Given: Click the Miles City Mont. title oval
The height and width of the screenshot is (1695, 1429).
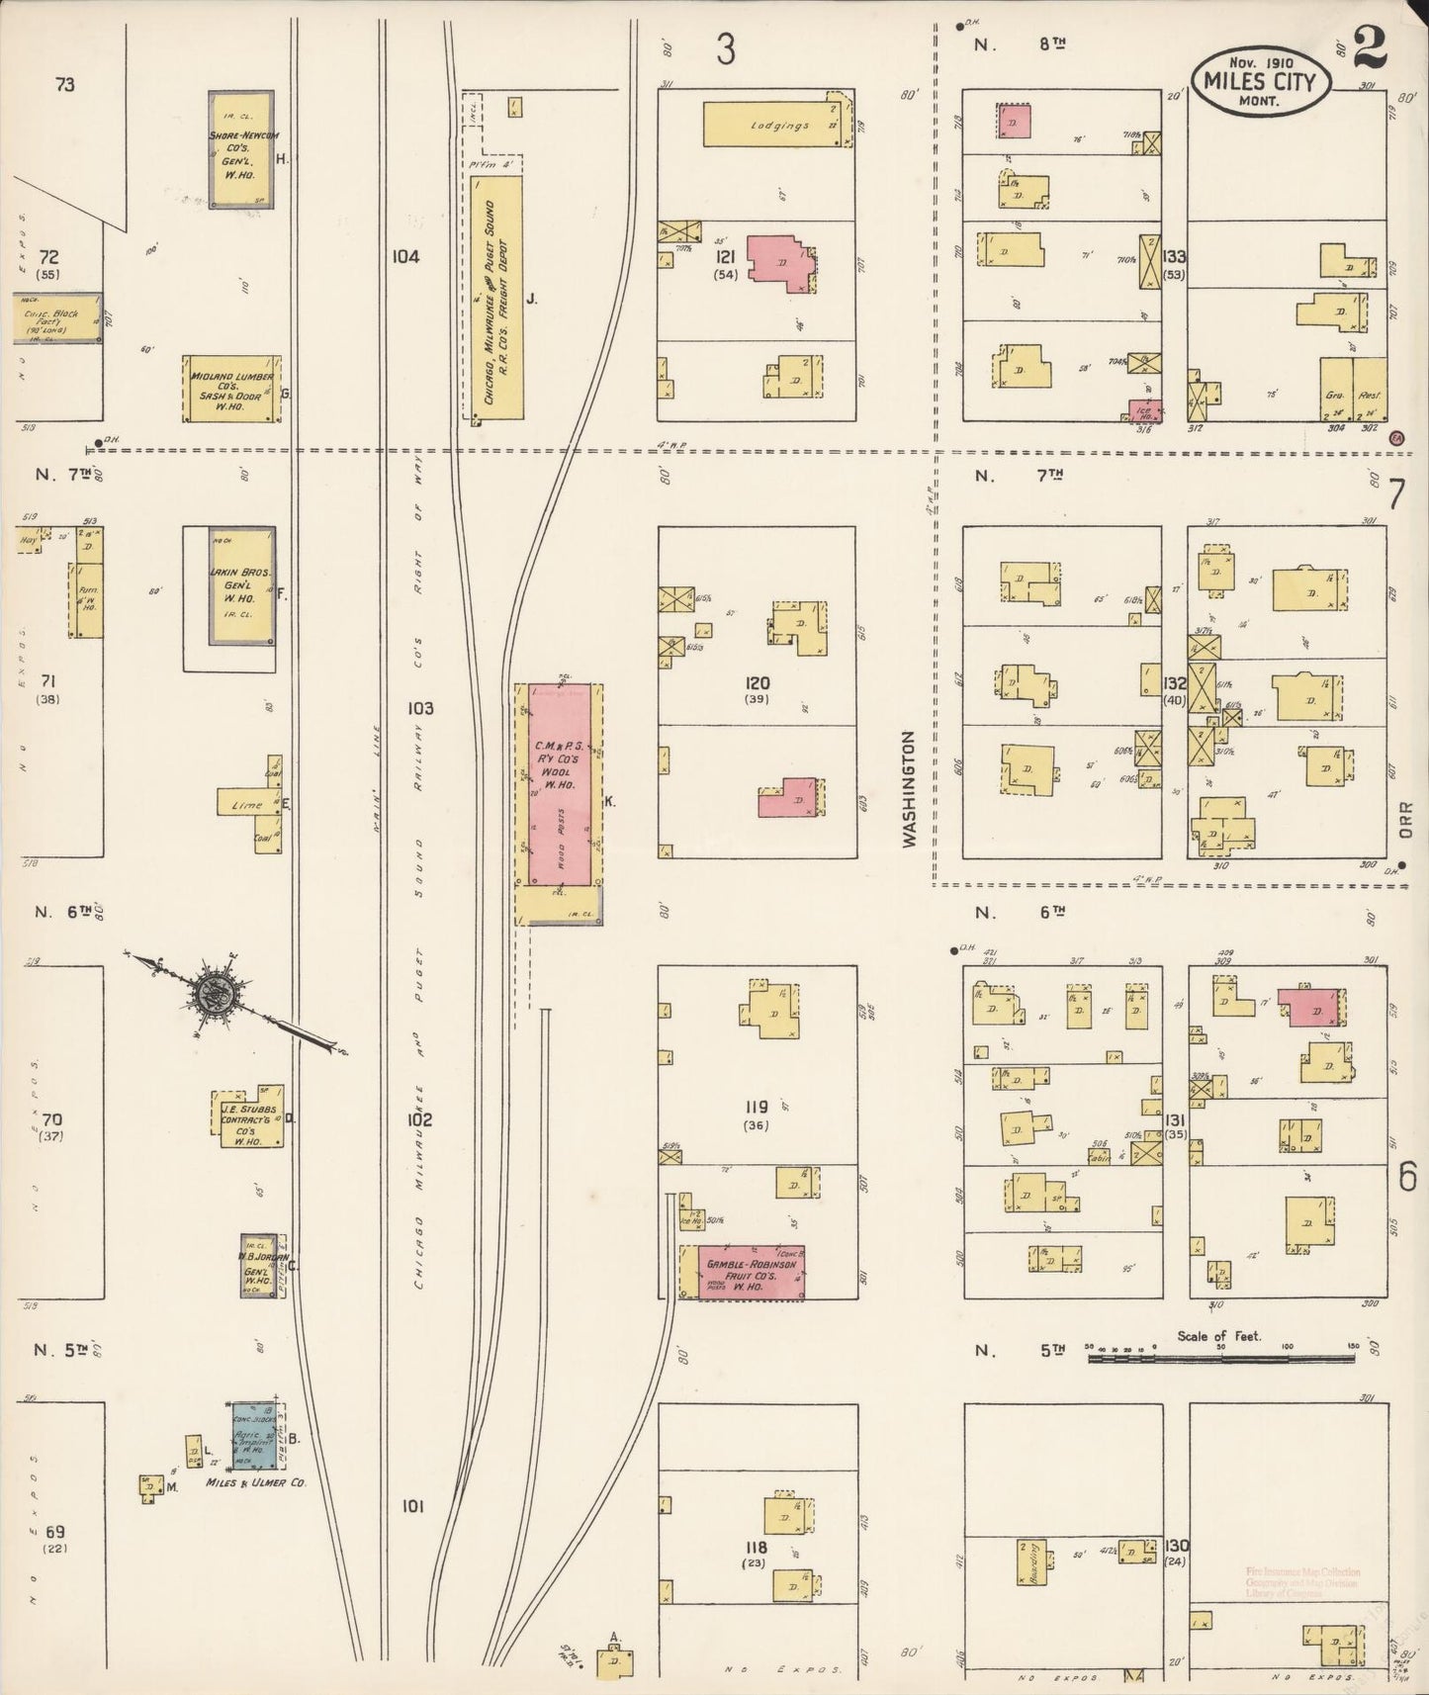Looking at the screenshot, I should (1259, 81).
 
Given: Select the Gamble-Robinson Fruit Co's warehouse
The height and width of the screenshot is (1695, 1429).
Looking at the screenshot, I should (752, 1273).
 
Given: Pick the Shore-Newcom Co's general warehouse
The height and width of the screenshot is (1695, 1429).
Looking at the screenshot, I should (241, 149).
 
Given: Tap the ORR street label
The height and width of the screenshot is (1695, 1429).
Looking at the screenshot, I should (1406, 820).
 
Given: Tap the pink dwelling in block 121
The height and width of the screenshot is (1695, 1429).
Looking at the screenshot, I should (778, 262).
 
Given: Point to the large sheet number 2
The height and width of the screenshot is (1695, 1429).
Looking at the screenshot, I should (1371, 46).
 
